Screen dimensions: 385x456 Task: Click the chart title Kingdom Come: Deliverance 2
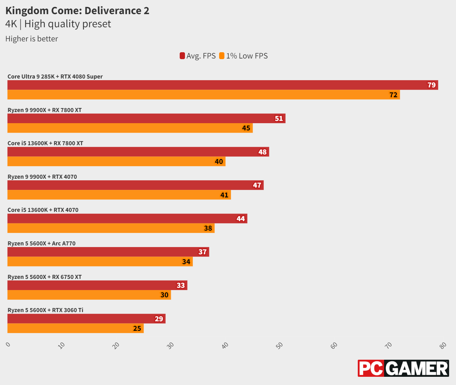[x=77, y=11]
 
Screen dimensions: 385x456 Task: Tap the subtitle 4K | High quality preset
[x=58, y=24]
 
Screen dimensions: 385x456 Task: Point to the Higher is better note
[x=32, y=39]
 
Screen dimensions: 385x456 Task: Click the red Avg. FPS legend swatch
[x=182, y=56]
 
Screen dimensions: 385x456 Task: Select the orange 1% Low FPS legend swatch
[x=222, y=56]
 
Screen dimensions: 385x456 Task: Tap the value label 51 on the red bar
[x=279, y=119]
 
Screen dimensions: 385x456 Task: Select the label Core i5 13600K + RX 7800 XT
[x=45, y=143]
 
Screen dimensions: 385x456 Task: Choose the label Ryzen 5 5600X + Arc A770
[x=41, y=243]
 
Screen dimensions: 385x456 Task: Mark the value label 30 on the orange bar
[x=164, y=295]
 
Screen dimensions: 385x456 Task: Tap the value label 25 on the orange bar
[x=137, y=328]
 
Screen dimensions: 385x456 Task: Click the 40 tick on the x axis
[x=225, y=345]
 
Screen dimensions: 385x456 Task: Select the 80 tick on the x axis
[x=443, y=345]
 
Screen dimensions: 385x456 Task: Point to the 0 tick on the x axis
[x=8, y=345]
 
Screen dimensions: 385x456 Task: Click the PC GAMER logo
[x=403, y=368]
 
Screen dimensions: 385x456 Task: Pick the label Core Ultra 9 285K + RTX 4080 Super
[x=55, y=77]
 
